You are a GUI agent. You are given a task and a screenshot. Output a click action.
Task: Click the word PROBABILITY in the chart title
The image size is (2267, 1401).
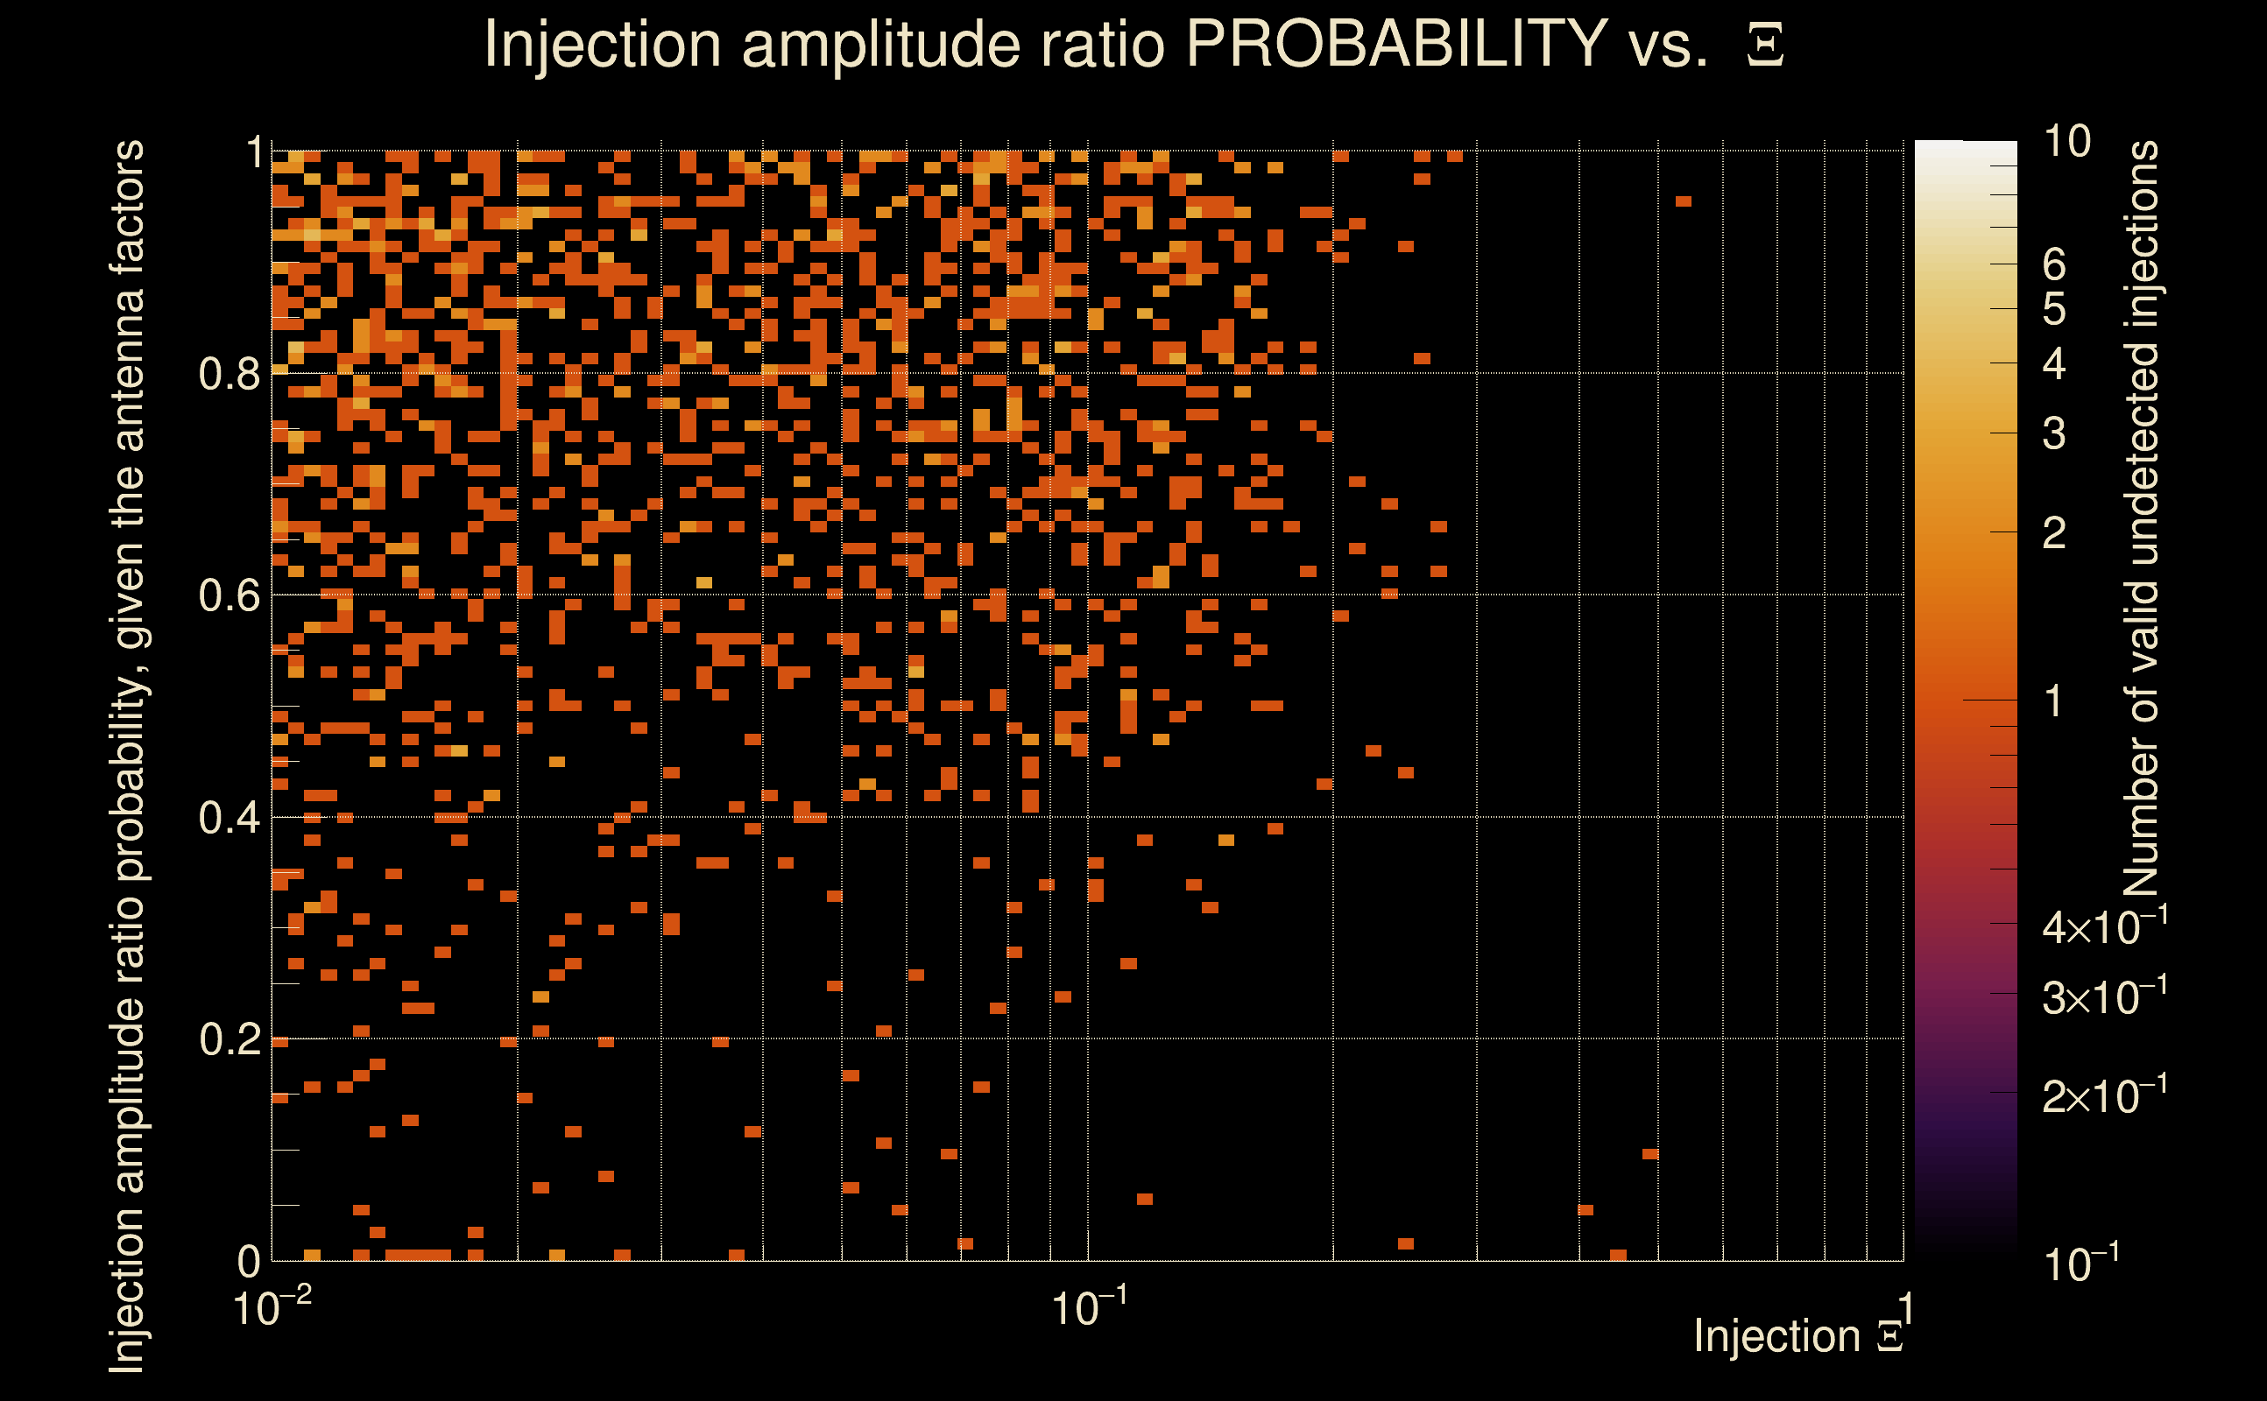pyautogui.click(x=1395, y=44)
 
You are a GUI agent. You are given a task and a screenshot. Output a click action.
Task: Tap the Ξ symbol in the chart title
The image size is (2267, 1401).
pyautogui.click(x=1765, y=46)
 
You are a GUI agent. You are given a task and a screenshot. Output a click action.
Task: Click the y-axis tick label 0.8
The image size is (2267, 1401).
pyautogui.click(x=229, y=375)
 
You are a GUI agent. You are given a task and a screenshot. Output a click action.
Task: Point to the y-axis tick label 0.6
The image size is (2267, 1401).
pyautogui.click(x=229, y=595)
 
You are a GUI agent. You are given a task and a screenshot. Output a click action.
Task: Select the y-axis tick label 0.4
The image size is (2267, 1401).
pyautogui.click(x=229, y=818)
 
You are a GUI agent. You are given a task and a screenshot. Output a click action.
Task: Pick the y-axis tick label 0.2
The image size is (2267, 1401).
pyautogui.click(x=229, y=1039)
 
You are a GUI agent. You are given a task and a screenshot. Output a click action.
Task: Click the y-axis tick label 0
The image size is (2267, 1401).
pyautogui.click(x=250, y=1261)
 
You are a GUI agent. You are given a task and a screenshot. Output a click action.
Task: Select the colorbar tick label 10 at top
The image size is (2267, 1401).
pyautogui.click(x=2066, y=142)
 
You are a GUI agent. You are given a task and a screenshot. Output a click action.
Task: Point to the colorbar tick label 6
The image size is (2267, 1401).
pyautogui.click(x=2054, y=265)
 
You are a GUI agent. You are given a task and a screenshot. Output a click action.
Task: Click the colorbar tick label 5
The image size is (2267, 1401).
pyautogui.click(x=2054, y=309)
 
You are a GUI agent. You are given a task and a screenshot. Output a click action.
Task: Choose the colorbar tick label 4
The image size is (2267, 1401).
pyautogui.click(x=2054, y=364)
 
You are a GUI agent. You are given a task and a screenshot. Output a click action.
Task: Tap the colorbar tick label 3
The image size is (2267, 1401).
pyautogui.click(x=2054, y=433)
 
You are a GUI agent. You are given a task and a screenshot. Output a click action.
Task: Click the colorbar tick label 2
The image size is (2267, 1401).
pyautogui.click(x=2054, y=532)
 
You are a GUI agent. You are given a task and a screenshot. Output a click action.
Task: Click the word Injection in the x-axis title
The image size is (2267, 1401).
pyautogui.click(x=1776, y=1336)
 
